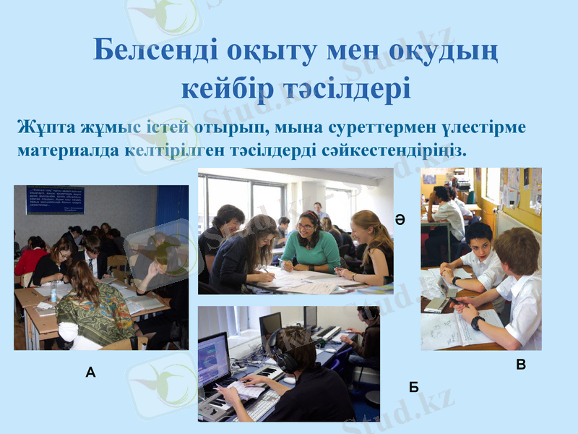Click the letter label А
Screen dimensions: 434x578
(x=90, y=373)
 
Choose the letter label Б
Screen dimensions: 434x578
(x=414, y=387)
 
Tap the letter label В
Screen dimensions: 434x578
(x=521, y=366)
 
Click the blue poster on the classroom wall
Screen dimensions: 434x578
(x=55, y=200)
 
